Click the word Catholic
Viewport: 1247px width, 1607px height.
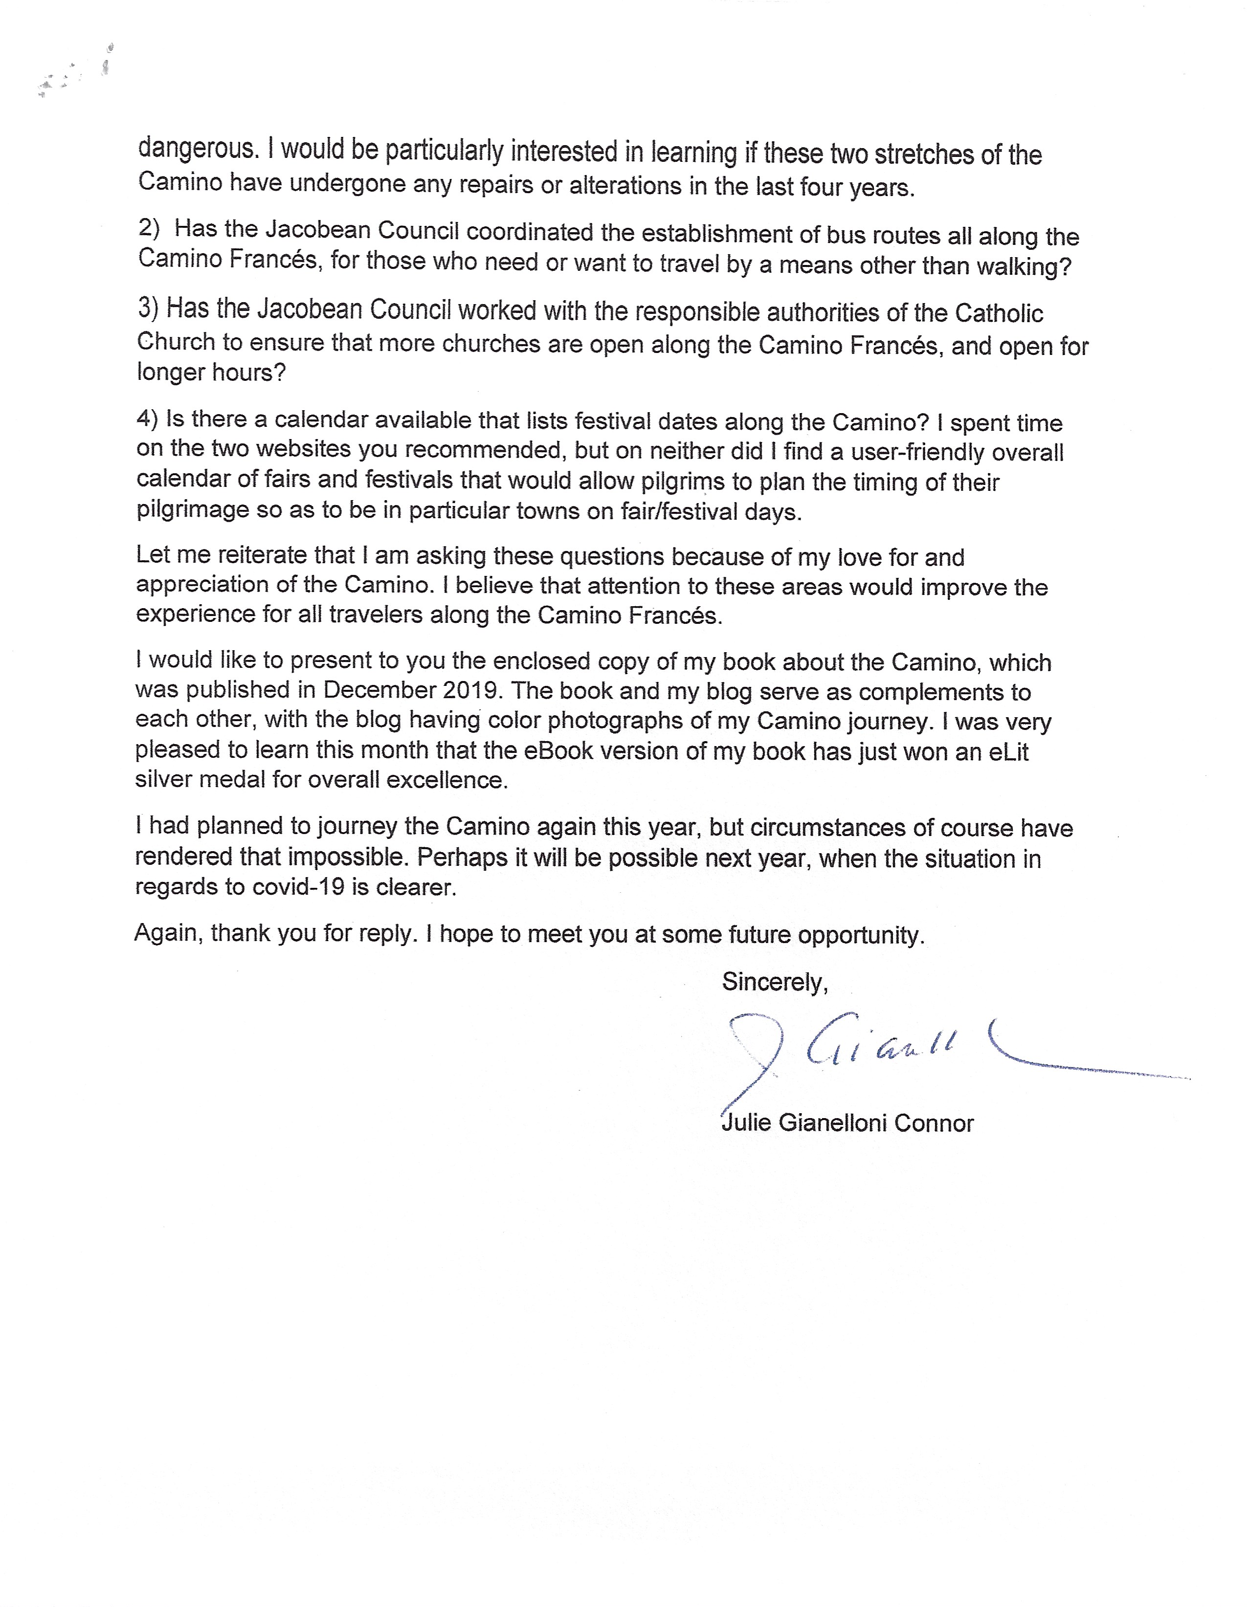999,313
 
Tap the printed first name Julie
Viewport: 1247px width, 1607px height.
746,1123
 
